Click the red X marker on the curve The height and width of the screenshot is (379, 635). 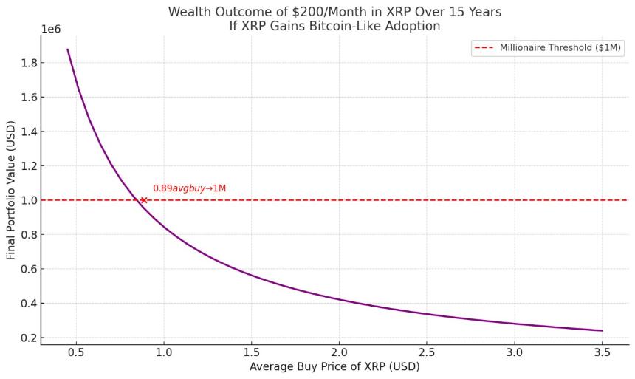[143, 200]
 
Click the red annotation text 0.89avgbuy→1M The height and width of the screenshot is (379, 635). [189, 188]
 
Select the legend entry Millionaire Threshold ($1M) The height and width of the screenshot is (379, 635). [560, 47]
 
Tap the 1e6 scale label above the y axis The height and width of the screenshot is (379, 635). [52, 29]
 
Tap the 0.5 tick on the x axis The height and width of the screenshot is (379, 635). [76, 354]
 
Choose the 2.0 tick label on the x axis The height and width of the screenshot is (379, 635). [339, 354]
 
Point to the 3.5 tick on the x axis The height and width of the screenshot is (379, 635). [603, 354]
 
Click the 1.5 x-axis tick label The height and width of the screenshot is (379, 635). [252, 354]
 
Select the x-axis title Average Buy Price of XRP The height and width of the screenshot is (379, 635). [334, 367]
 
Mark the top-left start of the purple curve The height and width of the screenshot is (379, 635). [68, 50]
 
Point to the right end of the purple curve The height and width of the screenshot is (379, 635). [603, 330]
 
